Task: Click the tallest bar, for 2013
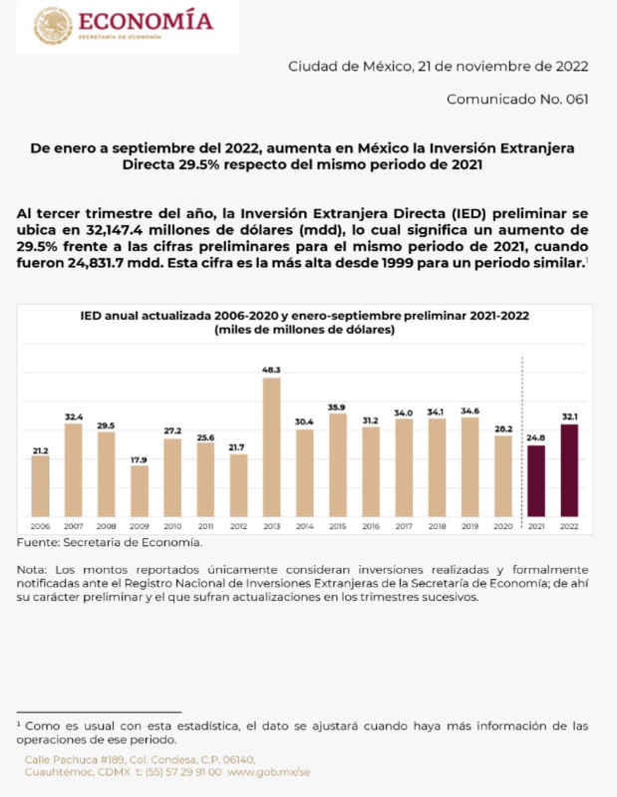tap(272, 447)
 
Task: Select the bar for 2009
tap(140, 491)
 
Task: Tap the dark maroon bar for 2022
tap(569, 470)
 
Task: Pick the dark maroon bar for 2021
tap(536, 481)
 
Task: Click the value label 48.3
tap(272, 370)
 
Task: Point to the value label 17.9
tap(140, 459)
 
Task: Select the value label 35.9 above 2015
tap(338, 407)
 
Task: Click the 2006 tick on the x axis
tap(40, 526)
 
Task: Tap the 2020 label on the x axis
tap(503, 526)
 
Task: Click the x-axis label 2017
tap(404, 526)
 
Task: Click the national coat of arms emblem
tap(54, 26)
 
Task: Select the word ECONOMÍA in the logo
tap(146, 21)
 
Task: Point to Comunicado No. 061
tap(517, 99)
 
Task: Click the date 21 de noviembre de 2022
tap(503, 67)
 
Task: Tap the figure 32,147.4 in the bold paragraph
tap(116, 230)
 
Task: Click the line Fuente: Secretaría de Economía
tap(110, 542)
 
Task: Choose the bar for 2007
tap(73, 470)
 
